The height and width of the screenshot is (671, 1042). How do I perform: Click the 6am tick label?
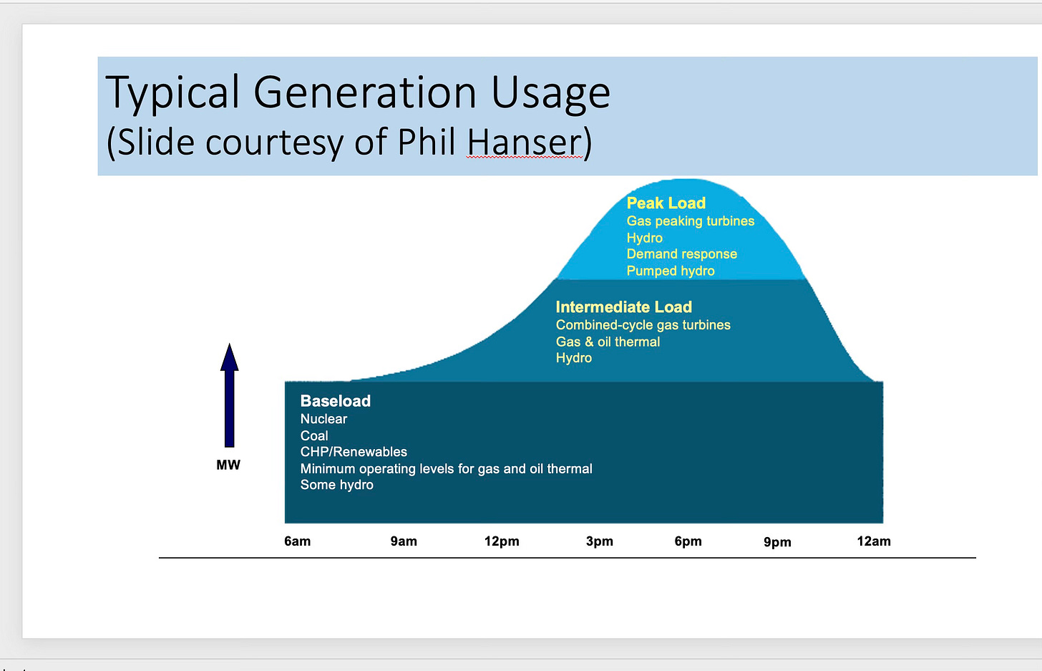pos(297,541)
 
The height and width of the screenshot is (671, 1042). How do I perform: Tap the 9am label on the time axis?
pos(404,541)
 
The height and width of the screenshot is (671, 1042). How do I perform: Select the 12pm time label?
pos(502,541)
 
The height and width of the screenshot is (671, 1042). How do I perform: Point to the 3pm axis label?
pos(600,541)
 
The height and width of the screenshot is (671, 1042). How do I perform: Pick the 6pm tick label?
pos(688,541)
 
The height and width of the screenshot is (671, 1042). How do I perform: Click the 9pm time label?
pos(777,542)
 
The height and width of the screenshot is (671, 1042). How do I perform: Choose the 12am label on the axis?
pos(874,541)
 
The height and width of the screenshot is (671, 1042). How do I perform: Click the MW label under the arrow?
pos(228,465)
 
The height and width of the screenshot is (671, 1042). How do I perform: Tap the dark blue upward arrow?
pos(229,395)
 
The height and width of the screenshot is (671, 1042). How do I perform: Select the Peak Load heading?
pos(666,203)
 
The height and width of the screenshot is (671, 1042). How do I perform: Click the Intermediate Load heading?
pos(624,307)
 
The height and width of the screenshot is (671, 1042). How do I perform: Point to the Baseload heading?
pos(336,401)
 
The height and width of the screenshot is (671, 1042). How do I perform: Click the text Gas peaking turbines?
pos(691,221)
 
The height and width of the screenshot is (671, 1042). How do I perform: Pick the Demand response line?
pos(682,254)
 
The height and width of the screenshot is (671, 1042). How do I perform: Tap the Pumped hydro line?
pos(671,271)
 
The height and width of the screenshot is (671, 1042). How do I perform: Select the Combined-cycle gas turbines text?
pos(643,325)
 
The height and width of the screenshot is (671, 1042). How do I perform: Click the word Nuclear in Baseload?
pos(323,419)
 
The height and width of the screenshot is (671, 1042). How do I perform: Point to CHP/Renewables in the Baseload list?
pos(354,452)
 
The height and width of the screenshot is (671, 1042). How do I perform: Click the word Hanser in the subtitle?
pos(525,142)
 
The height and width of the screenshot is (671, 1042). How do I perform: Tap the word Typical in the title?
pos(172,93)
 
